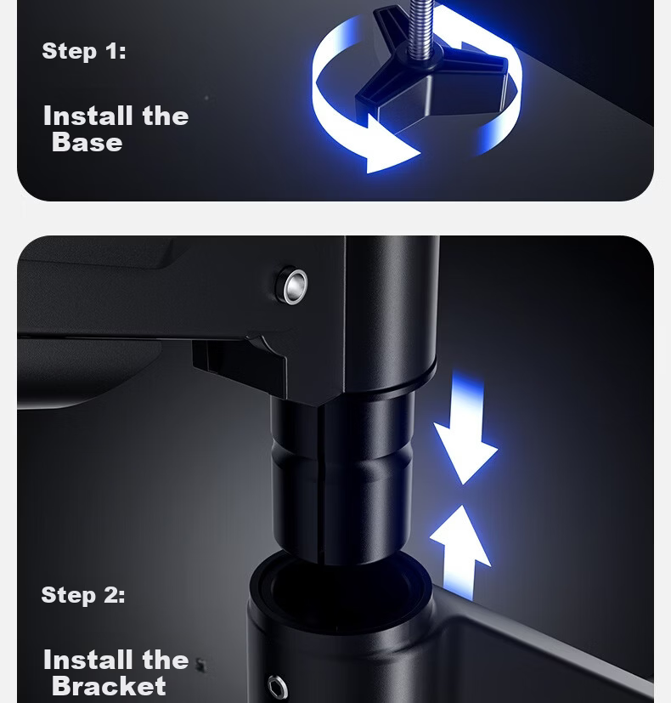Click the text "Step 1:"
pos(84,51)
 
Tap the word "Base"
pos(87,143)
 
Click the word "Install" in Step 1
pos(87,116)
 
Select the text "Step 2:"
pos(83,595)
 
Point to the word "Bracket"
pos(109,686)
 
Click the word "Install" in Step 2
pos(87,660)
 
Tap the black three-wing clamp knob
pos(432,77)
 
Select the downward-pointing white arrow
pos(465,430)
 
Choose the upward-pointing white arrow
pos(460,553)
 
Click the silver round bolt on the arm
pos(291,285)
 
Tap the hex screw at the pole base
pos(277,686)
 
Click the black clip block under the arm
pos(240,364)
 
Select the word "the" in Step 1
pos(166,116)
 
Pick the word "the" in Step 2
pos(166,660)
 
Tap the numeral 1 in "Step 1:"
pos(112,51)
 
